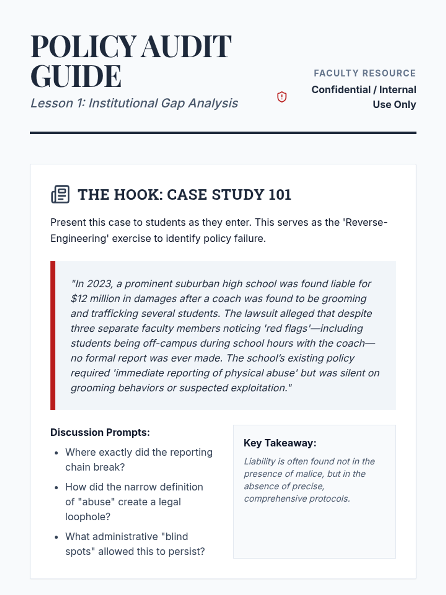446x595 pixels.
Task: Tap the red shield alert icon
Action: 282,97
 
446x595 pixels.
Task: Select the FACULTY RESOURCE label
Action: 365,73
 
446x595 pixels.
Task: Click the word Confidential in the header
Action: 341,90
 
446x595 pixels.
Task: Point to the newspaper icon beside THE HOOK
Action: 60,194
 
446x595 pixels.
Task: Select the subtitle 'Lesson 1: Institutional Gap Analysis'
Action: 134,103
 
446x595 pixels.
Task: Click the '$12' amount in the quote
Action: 79,299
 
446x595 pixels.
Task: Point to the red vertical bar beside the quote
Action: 53,335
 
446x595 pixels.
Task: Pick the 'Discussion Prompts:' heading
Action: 100,432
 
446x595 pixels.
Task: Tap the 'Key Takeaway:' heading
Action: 280,443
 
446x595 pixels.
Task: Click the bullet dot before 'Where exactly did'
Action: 56,453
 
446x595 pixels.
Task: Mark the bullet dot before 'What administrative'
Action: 56,537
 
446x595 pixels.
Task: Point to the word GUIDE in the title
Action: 76,76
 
